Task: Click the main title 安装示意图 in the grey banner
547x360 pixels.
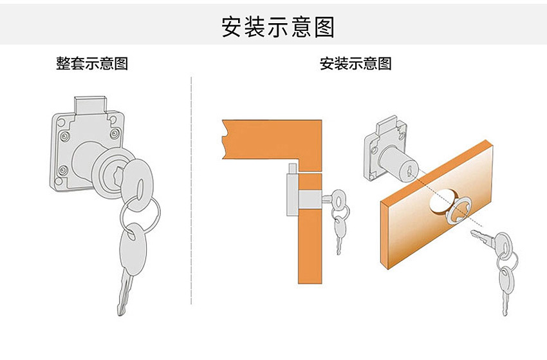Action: click(x=278, y=27)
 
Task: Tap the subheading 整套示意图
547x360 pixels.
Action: click(x=92, y=64)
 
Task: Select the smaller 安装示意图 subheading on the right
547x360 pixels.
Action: click(x=355, y=64)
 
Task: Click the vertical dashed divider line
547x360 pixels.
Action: click(x=191, y=190)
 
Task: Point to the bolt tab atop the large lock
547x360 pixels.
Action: click(x=89, y=105)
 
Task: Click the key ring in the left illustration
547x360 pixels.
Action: click(x=140, y=214)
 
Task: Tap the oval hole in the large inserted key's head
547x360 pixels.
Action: click(x=140, y=190)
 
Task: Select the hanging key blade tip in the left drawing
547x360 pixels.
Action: click(x=121, y=312)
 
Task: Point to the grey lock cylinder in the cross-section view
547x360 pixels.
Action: click(x=310, y=200)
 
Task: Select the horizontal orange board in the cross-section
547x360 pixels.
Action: click(x=272, y=140)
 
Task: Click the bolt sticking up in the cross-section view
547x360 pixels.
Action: click(x=293, y=169)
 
